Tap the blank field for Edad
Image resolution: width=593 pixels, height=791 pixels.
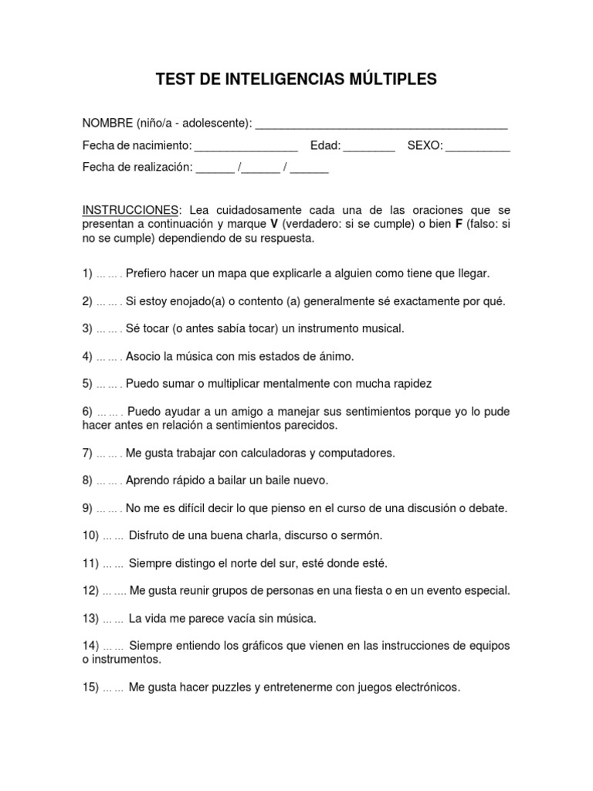pos(368,146)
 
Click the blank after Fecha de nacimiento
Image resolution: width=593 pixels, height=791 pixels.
pos(246,146)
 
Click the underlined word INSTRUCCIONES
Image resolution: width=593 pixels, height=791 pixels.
pos(130,210)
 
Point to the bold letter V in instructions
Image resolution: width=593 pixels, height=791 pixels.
pos(273,225)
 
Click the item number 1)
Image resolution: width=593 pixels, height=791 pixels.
pos(88,273)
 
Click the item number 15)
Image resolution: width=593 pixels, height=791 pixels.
pos(91,687)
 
